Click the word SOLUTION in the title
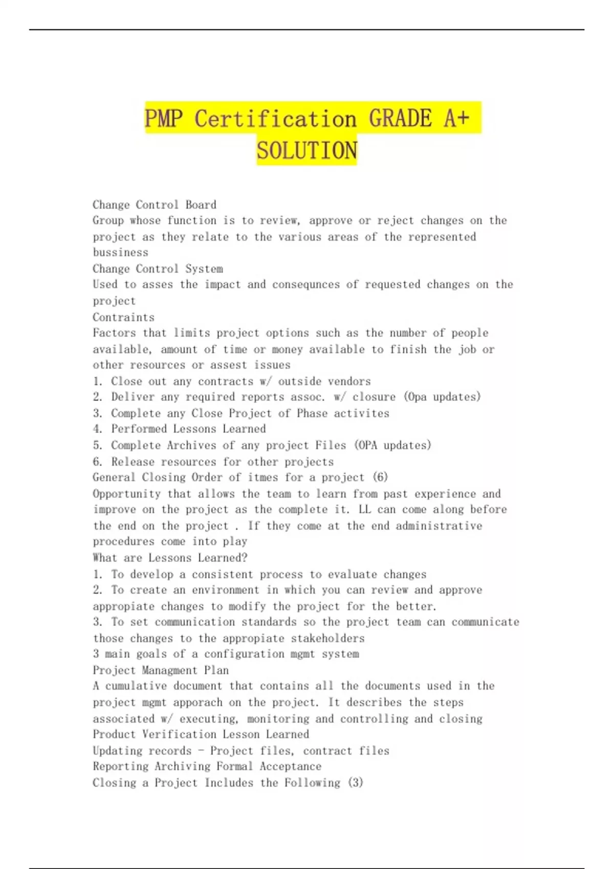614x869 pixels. coord(306,150)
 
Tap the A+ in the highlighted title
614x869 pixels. coord(456,119)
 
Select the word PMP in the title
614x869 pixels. coord(163,119)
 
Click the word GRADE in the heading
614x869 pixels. coord(401,119)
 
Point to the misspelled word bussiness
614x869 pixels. coord(121,253)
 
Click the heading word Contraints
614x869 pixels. coord(123,317)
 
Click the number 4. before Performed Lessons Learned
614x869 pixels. coord(98,429)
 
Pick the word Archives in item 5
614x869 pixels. coord(185,445)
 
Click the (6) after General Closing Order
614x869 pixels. coord(380,477)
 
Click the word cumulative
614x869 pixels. coord(136,686)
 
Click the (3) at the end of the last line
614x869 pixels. coord(355,783)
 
